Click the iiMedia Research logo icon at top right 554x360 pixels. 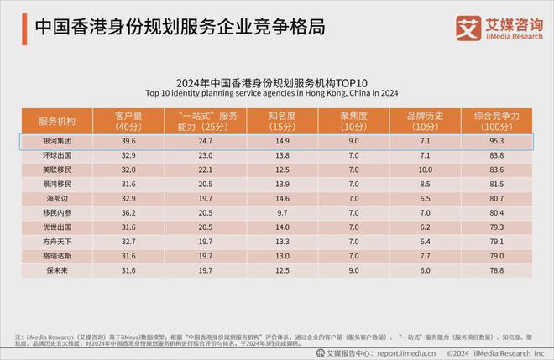(468, 27)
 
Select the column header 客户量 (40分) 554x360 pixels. (128, 119)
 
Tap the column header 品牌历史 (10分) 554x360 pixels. (425, 119)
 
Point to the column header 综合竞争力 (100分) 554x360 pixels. (499, 119)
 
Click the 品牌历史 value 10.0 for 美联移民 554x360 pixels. (425, 170)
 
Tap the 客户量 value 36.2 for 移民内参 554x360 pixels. (128, 213)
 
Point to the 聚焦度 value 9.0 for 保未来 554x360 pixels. (353, 270)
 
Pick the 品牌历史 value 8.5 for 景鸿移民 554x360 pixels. (425, 184)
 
